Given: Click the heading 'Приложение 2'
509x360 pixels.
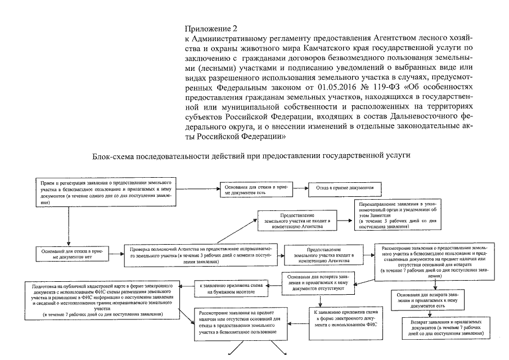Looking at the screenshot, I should tap(203, 28).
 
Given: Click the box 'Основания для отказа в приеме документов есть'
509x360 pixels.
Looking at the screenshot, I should tap(256, 190).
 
